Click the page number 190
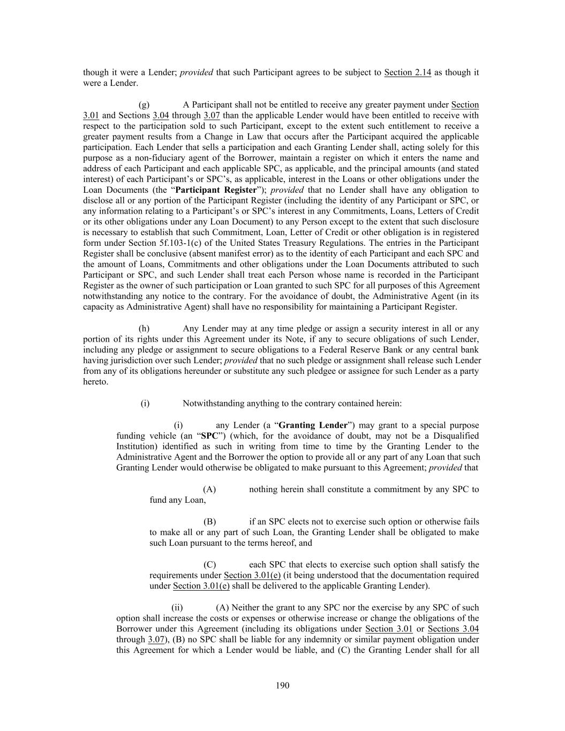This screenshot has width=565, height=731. click(x=283, y=685)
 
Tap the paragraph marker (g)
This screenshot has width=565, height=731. click(x=144, y=104)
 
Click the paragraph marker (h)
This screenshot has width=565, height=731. click(x=144, y=328)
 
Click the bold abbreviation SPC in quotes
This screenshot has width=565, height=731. click(x=208, y=436)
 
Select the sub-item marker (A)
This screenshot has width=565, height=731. click(x=209, y=489)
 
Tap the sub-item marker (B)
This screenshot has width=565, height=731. click(x=209, y=522)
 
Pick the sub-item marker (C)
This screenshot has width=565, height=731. click(x=209, y=564)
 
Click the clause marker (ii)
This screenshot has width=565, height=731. click(x=177, y=607)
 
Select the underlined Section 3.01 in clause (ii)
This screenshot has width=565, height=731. click(x=389, y=629)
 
